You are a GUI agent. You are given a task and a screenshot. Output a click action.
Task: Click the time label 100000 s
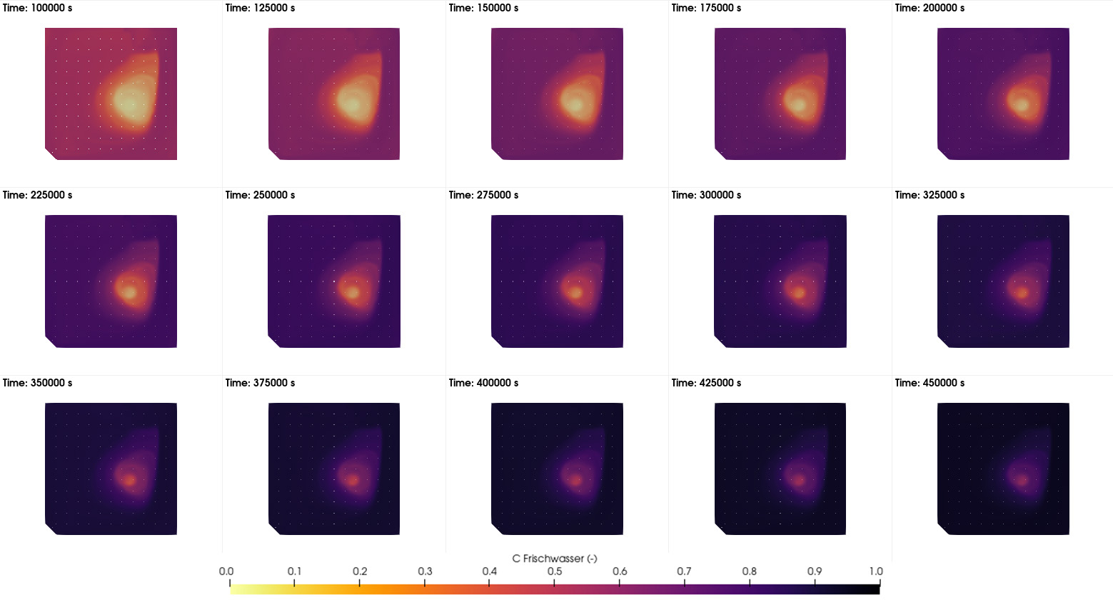click(37, 8)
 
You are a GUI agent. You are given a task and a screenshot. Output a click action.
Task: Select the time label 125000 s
click(260, 8)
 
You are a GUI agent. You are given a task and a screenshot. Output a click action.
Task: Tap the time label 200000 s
click(930, 8)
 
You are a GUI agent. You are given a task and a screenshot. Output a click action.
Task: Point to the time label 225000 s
click(37, 195)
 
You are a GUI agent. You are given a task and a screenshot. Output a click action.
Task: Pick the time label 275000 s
click(483, 195)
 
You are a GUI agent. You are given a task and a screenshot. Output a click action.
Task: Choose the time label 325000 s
click(930, 195)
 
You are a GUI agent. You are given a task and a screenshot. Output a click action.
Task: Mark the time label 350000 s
click(37, 383)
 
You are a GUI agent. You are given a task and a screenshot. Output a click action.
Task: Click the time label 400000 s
click(483, 383)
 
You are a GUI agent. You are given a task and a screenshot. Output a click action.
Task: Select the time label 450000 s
click(930, 383)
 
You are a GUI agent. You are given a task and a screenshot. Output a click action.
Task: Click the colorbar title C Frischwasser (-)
click(555, 559)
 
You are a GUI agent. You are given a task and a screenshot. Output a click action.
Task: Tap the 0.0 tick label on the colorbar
click(226, 571)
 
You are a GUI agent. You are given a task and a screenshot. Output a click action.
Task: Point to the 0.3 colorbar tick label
click(425, 571)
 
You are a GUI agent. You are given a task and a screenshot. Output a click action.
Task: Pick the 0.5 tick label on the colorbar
click(555, 571)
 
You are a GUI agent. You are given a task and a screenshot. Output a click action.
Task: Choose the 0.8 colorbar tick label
click(749, 571)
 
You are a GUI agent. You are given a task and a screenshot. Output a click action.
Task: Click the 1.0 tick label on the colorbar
click(876, 571)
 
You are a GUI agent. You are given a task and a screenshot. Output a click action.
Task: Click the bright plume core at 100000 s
click(129, 102)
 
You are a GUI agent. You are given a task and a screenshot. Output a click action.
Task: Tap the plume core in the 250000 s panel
click(351, 291)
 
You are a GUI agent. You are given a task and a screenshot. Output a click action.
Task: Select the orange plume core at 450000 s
click(1022, 479)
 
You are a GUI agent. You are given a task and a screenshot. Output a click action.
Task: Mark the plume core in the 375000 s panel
click(352, 480)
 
